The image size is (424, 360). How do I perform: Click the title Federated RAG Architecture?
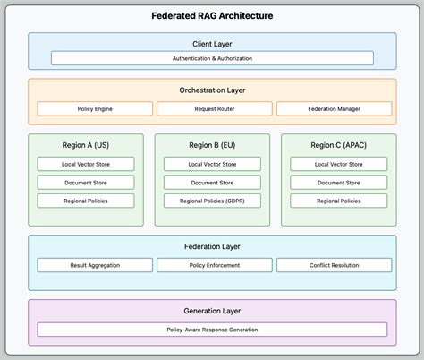click(x=212, y=16)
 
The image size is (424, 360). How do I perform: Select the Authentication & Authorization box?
click(x=212, y=58)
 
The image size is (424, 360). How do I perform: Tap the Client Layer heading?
click(x=212, y=44)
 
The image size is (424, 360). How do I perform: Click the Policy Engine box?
click(x=93, y=108)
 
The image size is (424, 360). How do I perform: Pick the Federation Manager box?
click(x=334, y=108)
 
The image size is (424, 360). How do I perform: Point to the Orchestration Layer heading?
click(x=212, y=90)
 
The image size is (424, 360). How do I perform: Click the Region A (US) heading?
click(x=86, y=145)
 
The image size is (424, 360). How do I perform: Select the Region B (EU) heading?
click(x=212, y=145)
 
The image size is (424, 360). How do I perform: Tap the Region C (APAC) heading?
click(x=338, y=145)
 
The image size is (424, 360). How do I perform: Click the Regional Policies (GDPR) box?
click(x=212, y=201)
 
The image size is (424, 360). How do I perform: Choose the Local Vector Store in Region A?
click(x=86, y=164)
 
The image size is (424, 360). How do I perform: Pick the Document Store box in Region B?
click(x=212, y=183)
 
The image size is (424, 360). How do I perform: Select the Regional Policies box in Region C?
click(x=338, y=201)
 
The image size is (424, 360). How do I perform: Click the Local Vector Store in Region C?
click(x=338, y=164)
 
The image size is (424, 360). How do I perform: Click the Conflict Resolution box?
click(x=334, y=265)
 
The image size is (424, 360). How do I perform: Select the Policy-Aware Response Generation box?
click(x=212, y=329)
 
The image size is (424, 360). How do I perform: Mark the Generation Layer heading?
click(x=212, y=311)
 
